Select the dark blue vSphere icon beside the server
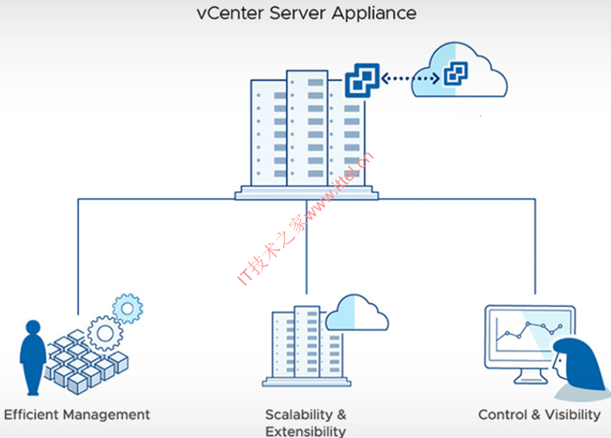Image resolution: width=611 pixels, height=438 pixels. tap(362, 80)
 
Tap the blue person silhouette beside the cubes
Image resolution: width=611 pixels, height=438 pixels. tap(32, 357)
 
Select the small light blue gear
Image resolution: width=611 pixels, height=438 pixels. tap(128, 308)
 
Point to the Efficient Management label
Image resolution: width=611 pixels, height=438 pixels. tap(77, 415)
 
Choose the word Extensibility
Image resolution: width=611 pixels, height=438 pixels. tap(305, 431)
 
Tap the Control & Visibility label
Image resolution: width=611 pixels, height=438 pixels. tap(540, 415)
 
